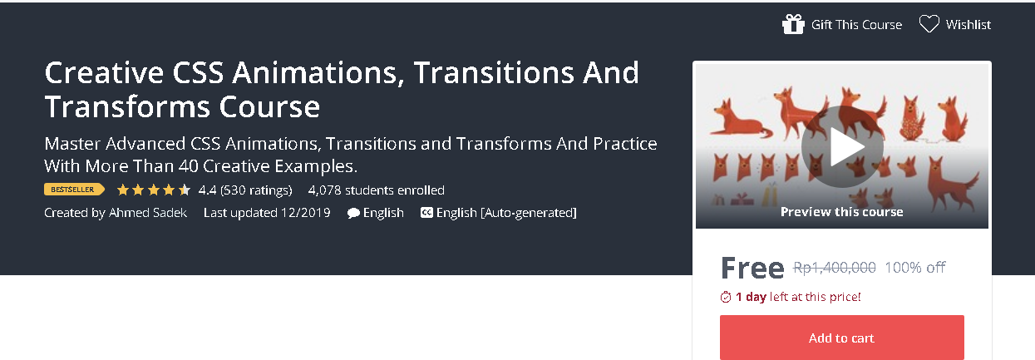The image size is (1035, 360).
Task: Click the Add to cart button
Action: (841, 338)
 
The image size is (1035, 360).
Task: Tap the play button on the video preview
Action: (841, 147)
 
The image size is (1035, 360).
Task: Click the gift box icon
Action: (793, 24)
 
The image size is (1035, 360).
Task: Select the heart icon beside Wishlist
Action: (929, 24)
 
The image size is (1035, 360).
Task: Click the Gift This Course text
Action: (856, 25)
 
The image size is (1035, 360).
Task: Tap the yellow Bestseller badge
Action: (74, 190)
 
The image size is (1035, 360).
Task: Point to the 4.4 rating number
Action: (207, 190)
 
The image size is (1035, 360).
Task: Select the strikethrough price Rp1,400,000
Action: (834, 268)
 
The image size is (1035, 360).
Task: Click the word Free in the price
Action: (752, 268)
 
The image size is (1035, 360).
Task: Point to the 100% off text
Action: (914, 268)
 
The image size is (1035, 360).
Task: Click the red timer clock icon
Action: (726, 297)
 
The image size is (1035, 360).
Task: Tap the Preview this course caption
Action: (841, 212)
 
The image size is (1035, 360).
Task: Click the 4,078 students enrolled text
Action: (376, 190)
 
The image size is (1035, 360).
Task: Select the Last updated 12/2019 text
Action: (267, 213)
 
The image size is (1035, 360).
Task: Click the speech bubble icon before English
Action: (353, 213)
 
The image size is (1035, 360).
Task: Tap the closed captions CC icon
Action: (426, 213)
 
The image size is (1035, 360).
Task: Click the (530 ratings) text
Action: (256, 190)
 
